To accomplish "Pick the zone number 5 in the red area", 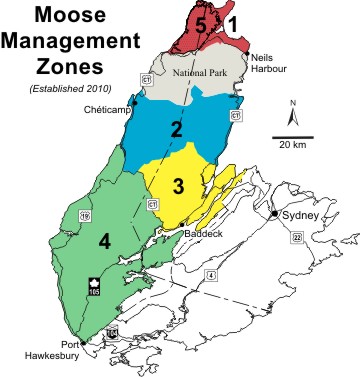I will (x=202, y=25).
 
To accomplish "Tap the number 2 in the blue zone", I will (x=176, y=128).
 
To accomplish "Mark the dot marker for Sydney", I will (x=275, y=214).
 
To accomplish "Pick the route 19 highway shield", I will (x=85, y=214).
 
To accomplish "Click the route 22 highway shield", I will (x=297, y=237).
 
